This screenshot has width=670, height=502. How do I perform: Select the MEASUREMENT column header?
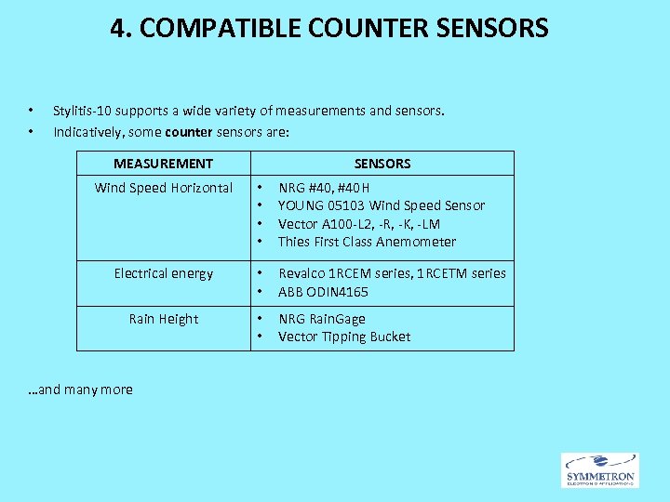pyautogui.click(x=163, y=164)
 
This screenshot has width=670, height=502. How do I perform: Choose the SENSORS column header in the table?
pyautogui.click(x=382, y=164)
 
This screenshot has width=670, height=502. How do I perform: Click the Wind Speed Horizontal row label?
pyautogui.click(x=164, y=188)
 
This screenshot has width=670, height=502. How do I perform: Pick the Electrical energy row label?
pyautogui.click(x=164, y=273)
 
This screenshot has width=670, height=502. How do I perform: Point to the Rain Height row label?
pyautogui.click(x=164, y=319)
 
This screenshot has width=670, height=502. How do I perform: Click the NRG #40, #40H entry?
pyautogui.click(x=324, y=188)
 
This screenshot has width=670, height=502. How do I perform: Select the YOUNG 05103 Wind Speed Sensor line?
pyautogui.click(x=382, y=205)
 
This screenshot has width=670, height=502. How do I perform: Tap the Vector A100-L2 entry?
pyautogui.click(x=359, y=224)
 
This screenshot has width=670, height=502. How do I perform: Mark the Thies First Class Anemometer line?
pyautogui.click(x=367, y=242)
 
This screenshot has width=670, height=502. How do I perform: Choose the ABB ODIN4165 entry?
pyautogui.click(x=323, y=292)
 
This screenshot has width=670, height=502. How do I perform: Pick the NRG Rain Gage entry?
pyautogui.click(x=322, y=319)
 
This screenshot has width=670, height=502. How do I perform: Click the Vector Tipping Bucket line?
pyautogui.click(x=344, y=337)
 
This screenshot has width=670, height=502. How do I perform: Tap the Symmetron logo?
pyautogui.click(x=599, y=470)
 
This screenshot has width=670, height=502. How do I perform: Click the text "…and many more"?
pyautogui.click(x=80, y=390)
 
